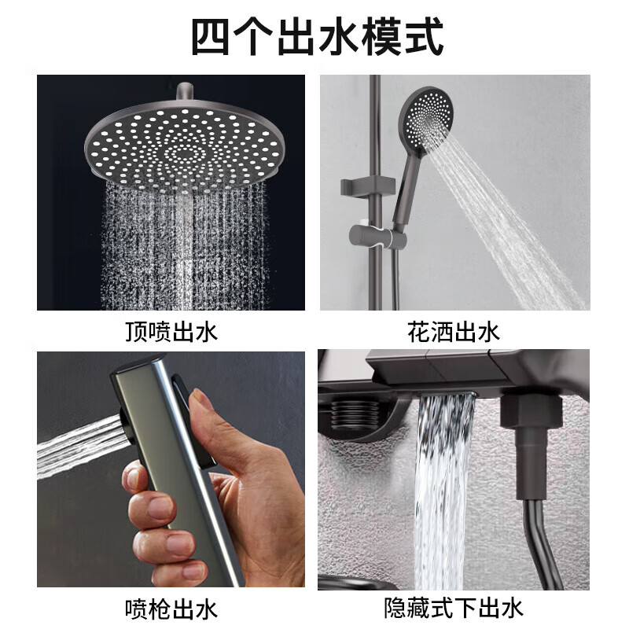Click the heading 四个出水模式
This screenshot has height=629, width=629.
pos(317,36)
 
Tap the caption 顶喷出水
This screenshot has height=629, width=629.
pos(171,332)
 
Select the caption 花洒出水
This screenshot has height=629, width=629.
pos(454,332)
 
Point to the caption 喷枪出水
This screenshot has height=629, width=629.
pos(171,609)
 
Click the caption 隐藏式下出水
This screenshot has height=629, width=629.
pos(454,609)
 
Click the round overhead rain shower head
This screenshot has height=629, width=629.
pos(186,147)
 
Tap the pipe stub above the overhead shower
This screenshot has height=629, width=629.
pos(186,92)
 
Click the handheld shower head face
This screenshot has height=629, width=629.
pos(428,113)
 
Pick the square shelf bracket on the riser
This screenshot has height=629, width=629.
pos(367,186)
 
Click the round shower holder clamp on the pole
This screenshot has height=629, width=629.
pos(378,237)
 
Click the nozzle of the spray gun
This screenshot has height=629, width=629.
pos(126,425)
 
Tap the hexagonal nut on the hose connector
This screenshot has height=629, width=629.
pos(529,410)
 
